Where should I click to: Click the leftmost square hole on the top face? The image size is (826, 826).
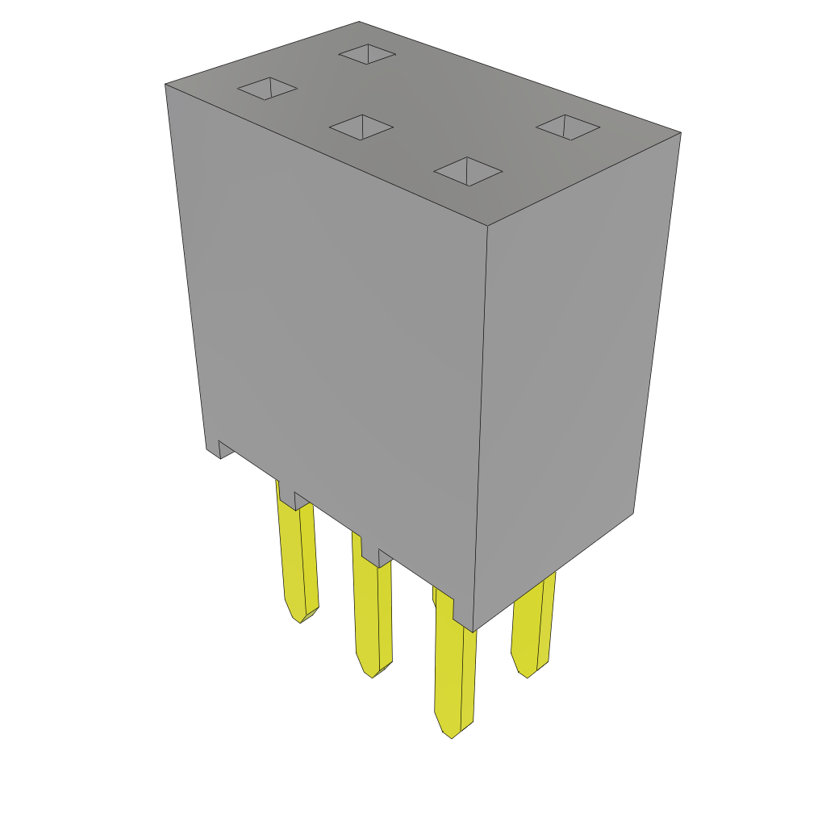(x=268, y=89)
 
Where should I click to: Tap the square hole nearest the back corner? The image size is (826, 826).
(x=367, y=54)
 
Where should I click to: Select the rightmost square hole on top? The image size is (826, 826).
(x=568, y=127)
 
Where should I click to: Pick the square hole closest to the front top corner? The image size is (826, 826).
(x=468, y=171)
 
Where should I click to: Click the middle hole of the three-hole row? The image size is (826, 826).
(x=361, y=127)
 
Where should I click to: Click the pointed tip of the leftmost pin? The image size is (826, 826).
(x=301, y=620)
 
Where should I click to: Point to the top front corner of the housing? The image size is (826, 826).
(x=487, y=226)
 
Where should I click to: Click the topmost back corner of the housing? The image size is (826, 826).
(x=359, y=23)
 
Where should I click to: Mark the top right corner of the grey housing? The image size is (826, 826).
(x=680, y=133)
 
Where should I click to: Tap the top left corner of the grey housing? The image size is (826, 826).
(x=166, y=85)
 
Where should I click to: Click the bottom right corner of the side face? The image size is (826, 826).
(x=632, y=513)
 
